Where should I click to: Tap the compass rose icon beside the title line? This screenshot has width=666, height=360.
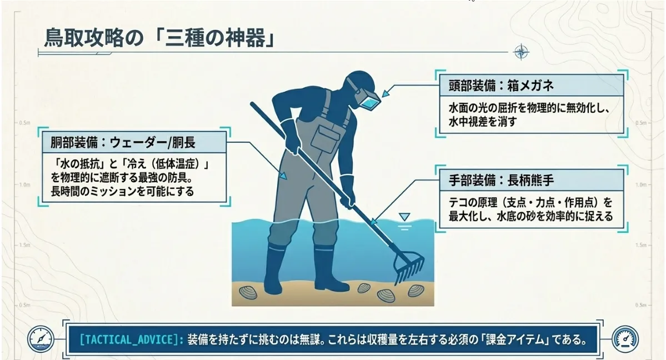pyautogui.click(x=521, y=52)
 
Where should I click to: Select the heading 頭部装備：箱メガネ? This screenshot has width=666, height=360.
pyautogui.click(x=501, y=86)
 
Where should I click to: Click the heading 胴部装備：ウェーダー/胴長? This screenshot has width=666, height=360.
pyautogui.click(x=123, y=142)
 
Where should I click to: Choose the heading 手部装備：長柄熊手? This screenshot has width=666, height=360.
pyautogui.click(x=501, y=181)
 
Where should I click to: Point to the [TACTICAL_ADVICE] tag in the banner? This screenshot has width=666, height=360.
pyautogui.click(x=132, y=339)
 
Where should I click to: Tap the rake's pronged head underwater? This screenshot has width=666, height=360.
pyautogui.click(x=408, y=266)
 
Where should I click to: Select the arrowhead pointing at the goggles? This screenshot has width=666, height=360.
pyautogui.click(x=385, y=93)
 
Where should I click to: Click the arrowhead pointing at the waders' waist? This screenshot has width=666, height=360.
pyautogui.click(x=283, y=176)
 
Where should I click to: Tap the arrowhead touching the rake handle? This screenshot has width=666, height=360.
pyautogui.click(x=373, y=222)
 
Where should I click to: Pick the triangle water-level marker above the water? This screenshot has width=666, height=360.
pyautogui.click(x=404, y=217)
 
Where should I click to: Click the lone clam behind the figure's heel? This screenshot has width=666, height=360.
pyautogui.click(x=248, y=292)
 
